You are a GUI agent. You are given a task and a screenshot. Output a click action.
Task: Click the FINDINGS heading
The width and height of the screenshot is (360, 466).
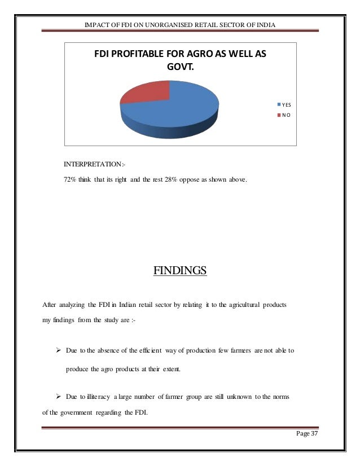click(181, 272)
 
